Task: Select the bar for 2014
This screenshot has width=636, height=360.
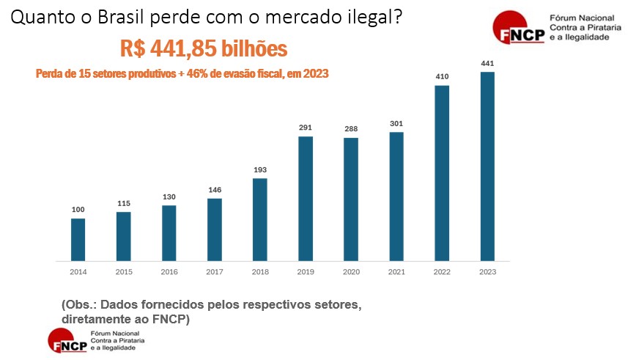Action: point(78,240)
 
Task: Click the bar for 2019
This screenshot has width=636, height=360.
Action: point(306,199)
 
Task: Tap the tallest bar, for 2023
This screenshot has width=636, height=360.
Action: point(487,166)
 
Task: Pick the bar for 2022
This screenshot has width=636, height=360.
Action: point(442,173)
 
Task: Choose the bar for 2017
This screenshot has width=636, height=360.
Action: point(215,229)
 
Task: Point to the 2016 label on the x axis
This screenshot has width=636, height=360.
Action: point(169,272)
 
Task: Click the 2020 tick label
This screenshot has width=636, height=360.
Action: point(351,272)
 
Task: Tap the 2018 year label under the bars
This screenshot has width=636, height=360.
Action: point(260,272)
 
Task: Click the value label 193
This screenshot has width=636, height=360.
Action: point(260,170)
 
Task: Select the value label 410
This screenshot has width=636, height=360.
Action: point(442,77)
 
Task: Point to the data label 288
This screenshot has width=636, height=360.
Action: point(351,129)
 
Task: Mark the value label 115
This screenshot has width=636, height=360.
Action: point(124,203)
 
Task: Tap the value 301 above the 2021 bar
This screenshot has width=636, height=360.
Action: point(396,124)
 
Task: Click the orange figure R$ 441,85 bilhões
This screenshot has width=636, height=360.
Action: point(204,49)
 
